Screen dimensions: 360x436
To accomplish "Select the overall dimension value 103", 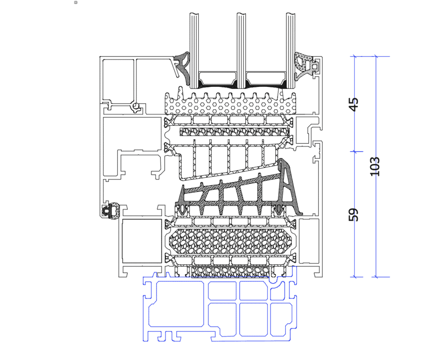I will tap(375, 166).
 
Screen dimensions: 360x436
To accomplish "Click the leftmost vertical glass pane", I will tap(194, 47).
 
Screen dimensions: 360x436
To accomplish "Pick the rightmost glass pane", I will tap(290, 47).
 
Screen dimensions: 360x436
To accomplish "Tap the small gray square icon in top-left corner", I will tap(75, 3).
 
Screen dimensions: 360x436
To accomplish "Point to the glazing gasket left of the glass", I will tap(184, 66).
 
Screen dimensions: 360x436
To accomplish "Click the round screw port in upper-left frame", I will tap(136, 105).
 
